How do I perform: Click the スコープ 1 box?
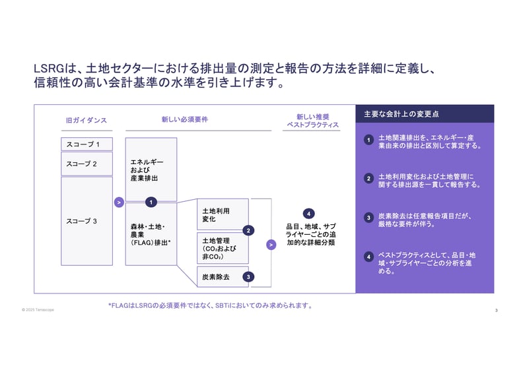[86, 144]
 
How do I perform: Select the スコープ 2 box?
[86, 164]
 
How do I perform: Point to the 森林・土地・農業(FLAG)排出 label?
[151, 234]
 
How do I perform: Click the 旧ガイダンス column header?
[86, 121]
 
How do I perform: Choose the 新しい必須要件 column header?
[185, 119]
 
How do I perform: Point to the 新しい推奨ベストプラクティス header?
[312, 120]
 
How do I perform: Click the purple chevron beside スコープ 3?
[119, 202]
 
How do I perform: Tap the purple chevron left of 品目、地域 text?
[271, 245]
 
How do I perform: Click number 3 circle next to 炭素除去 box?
[248, 277]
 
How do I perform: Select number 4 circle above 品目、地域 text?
[308, 213]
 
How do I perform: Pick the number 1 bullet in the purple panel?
[368, 140]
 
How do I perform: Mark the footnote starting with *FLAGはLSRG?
[209, 305]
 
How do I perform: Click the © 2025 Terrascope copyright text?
[38, 309]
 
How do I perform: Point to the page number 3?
[496, 310]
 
